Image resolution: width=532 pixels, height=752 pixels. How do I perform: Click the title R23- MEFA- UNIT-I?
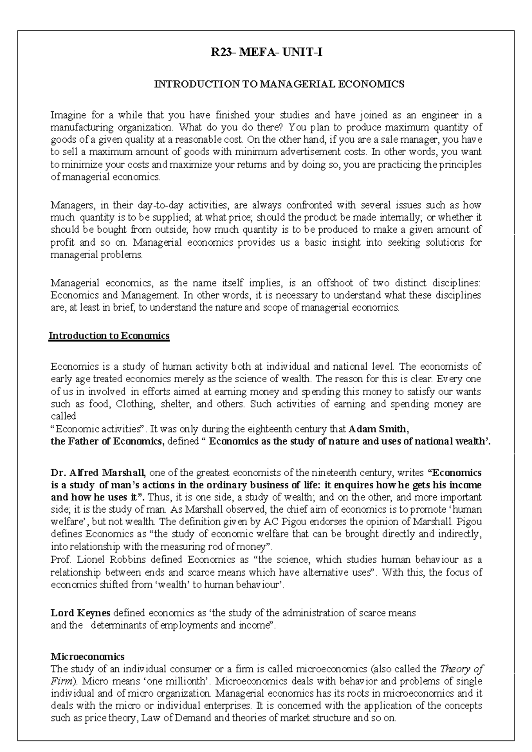(x=266, y=53)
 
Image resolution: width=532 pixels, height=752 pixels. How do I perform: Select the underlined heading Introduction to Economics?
(x=109, y=336)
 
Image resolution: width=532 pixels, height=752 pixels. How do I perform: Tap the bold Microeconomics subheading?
(x=88, y=657)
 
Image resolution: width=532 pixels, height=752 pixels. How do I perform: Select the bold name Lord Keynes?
(x=81, y=614)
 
